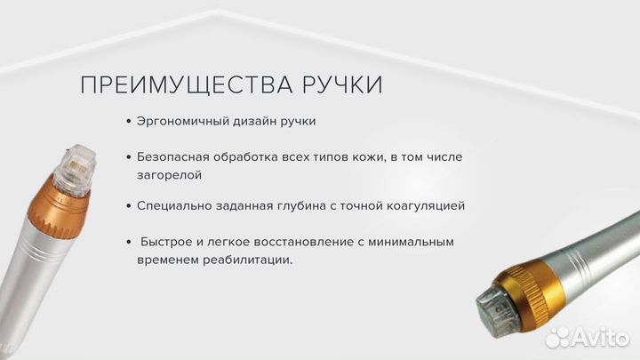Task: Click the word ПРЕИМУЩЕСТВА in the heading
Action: [x=183, y=85]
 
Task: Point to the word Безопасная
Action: [x=174, y=156]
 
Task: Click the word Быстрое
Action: [x=165, y=242]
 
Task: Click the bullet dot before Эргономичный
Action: [x=129, y=121]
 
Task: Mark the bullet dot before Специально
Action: [x=129, y=205]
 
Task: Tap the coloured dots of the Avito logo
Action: [x=557, y=336]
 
